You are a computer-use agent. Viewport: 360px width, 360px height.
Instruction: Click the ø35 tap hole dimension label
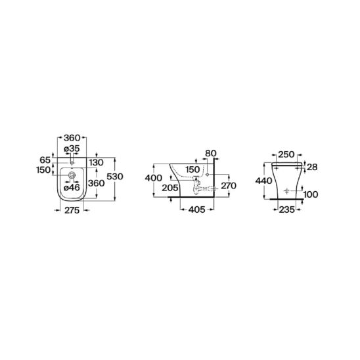pyautogui.click(x=72, y=148)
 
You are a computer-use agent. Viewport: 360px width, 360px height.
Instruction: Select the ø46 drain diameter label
pyautogui.click(x=72, y=188)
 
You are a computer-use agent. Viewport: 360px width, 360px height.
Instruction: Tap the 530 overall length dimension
pyautogui.click(x=115, y=177)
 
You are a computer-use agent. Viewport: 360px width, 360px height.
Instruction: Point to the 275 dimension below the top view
pyautogui.click(x=72, y=210)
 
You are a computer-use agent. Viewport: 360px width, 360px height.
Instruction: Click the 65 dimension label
pyautogui.click(x=45, y=160)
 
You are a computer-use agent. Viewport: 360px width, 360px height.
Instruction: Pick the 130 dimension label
pyautogui.click(x=97, y=162)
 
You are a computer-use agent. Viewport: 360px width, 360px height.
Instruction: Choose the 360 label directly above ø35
pyautogui.click(x=72, y=138)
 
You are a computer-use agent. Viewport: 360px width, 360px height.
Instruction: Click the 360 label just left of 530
pyautogui.click(x=97, y=183)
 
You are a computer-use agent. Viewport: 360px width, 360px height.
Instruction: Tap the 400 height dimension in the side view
pyautogui.click(x=153, y=178)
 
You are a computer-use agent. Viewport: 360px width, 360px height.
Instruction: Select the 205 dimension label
pyautogui.click(x=170, y=188)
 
